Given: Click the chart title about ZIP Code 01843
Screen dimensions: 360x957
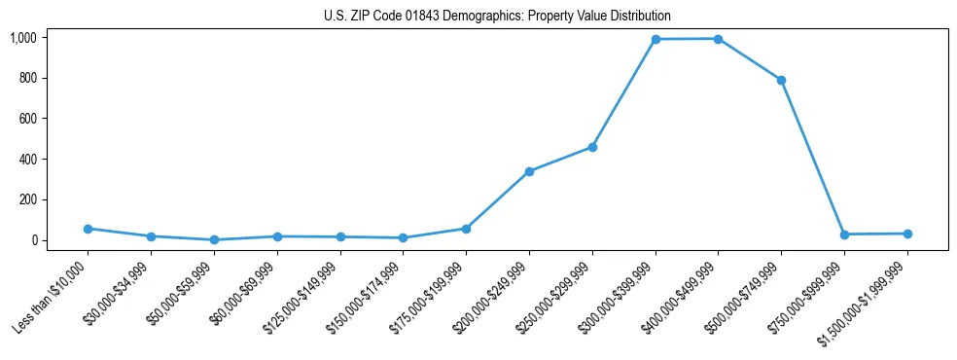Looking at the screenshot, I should (497, 17).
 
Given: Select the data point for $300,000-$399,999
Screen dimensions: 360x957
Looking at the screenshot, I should (656, 39).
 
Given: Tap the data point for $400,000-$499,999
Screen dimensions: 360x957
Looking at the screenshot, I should (718, 39).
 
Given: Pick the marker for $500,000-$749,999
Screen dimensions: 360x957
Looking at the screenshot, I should (781, 80).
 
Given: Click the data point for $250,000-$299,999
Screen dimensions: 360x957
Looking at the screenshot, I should (592, 147).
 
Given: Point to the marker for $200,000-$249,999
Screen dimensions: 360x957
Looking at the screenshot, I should (529, 171).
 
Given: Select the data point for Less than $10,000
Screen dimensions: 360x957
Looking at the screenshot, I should (88, 229).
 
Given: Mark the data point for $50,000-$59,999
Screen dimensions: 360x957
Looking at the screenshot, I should (214, 239).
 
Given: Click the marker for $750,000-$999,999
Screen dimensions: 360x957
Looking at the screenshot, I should (844, 234).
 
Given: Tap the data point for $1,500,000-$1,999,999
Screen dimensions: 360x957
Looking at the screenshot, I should (907, 234).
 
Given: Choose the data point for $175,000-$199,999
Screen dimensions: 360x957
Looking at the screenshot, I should (466, 229).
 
